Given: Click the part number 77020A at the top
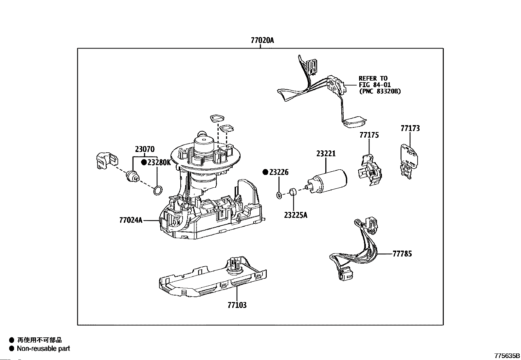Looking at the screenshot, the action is (262, 41).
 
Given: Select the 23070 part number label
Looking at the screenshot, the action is (145, 149).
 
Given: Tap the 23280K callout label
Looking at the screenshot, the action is (159, 162).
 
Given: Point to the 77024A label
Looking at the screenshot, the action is (131, 220).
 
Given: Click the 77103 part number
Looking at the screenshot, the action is (237, 305).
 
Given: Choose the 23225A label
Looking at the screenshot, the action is (296, 215).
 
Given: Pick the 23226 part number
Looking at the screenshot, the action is (279, 172).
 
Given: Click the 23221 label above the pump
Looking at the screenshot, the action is (326, 154).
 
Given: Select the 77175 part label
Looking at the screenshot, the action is (369, 135).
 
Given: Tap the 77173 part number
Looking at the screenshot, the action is (410, 128).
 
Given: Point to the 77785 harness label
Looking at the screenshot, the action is (403, 254).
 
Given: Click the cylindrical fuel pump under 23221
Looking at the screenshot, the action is (328, 181).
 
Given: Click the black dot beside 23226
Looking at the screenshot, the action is (265, 172).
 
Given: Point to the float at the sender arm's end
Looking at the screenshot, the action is (354, 123).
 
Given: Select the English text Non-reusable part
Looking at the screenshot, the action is (44, 349).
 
